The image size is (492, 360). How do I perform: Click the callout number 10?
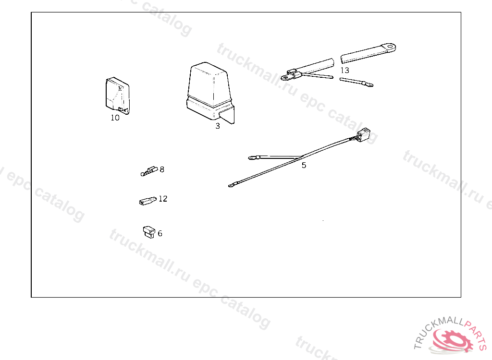pos(115,118)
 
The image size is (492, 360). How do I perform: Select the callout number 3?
pos(218,126)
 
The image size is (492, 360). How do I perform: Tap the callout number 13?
pos(345,70)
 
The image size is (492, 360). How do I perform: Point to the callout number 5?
pos(304,165)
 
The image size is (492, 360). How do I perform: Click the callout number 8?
pos(162,169)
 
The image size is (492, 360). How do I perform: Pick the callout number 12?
pos(163,199)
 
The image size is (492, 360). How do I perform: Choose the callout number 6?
pos(160,233)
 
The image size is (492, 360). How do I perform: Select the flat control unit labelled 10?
pos(118,96)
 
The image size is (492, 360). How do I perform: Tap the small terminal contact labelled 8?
pos(149,171)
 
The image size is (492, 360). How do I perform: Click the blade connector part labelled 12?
pos(148,201)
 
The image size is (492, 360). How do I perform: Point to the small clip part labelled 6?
pos(149,232)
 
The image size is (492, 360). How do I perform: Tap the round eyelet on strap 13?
pos(391,48)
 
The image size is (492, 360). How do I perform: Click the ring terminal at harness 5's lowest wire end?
pos(232,185)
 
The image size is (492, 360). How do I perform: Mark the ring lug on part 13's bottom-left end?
pos(285,77)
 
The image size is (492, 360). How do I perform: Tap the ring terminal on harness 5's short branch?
pos(252,158)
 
